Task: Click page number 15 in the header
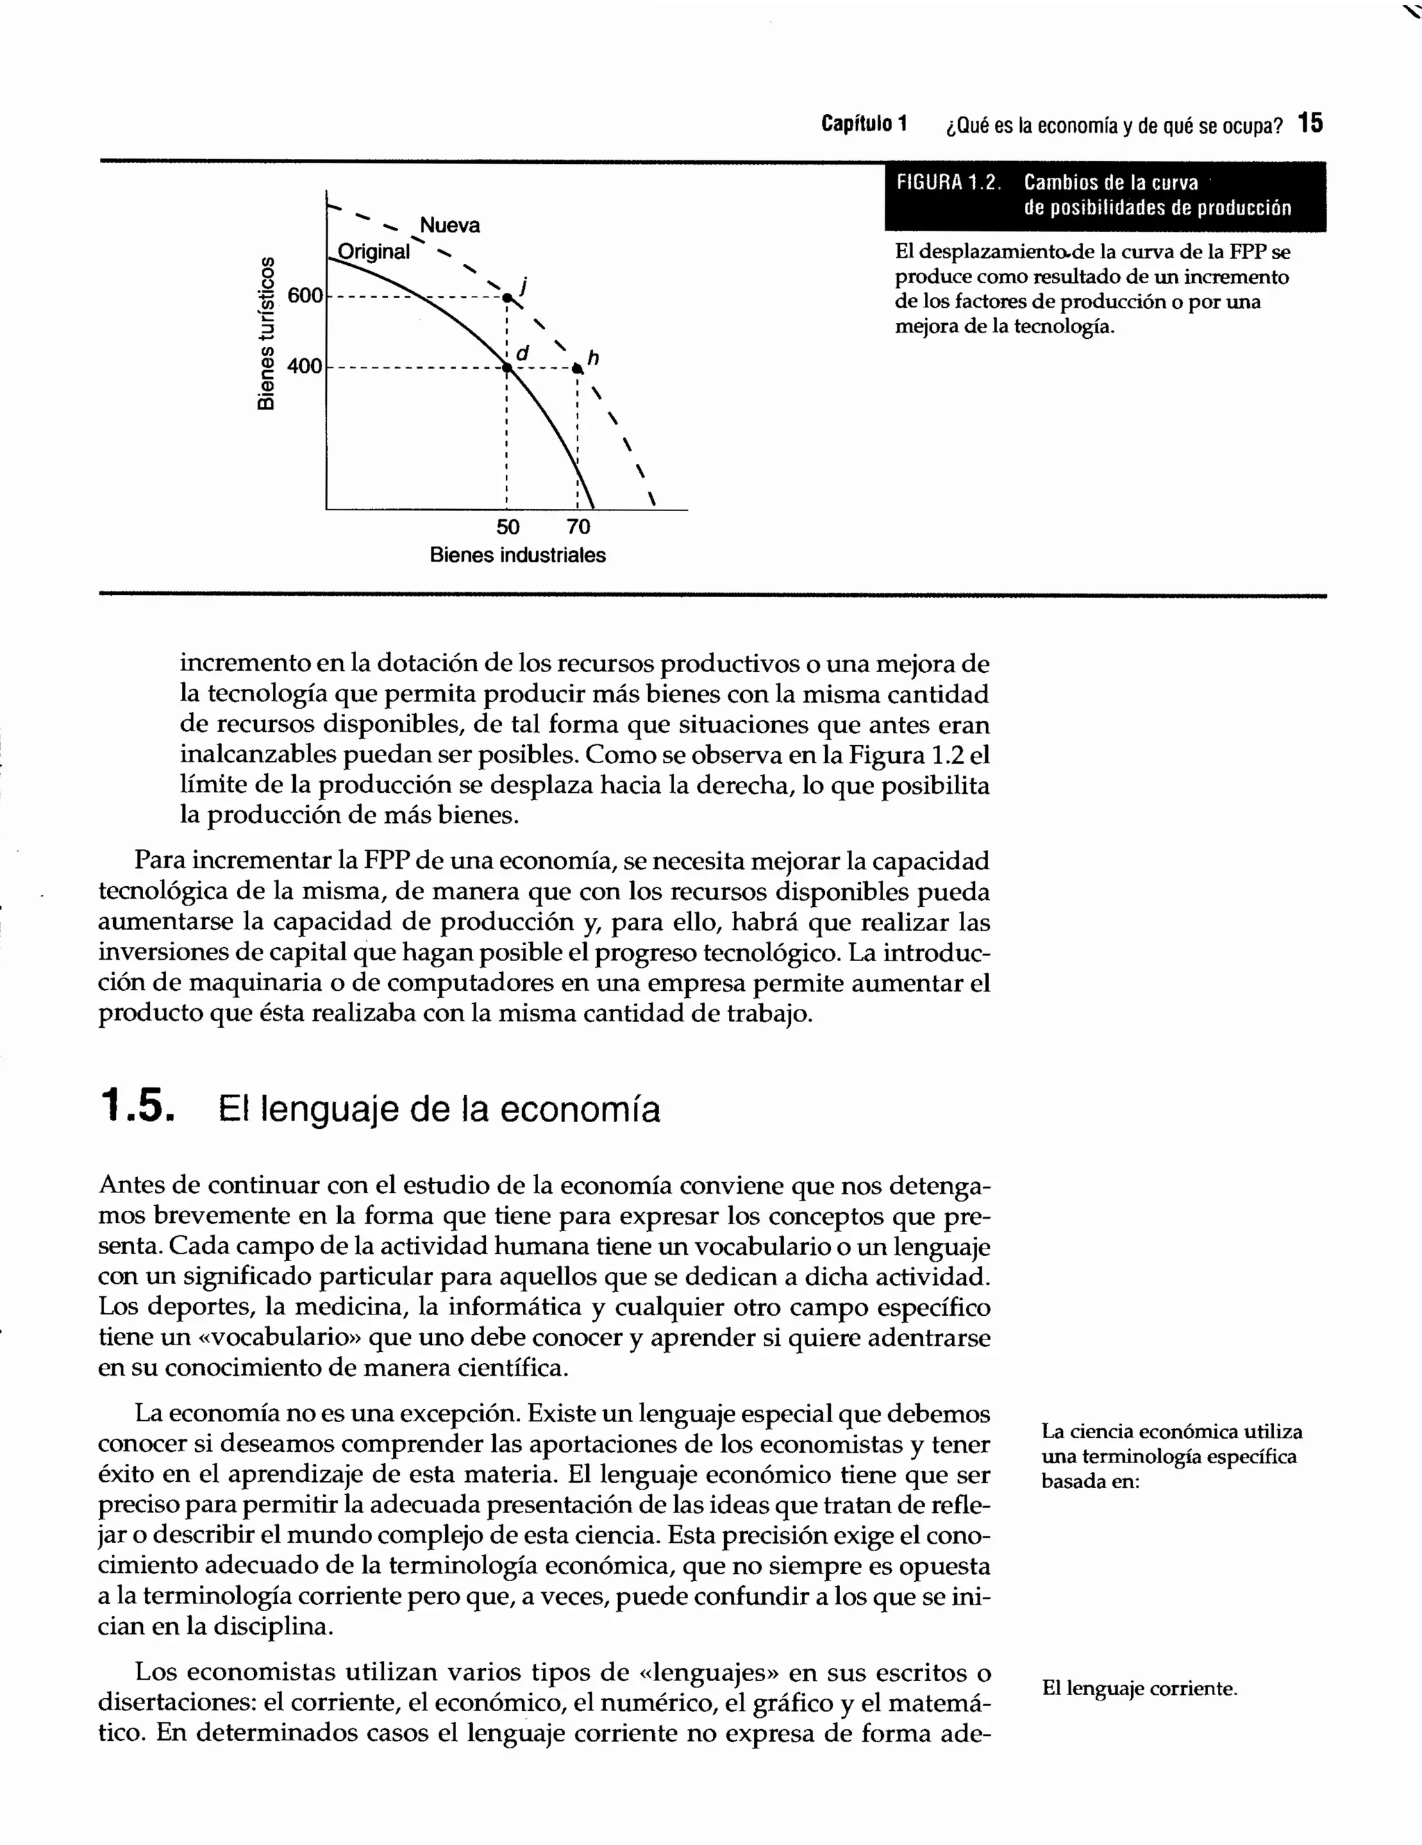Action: click(1310, 124)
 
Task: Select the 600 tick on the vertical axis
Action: click(305, 296)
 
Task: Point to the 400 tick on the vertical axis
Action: click(305, 366)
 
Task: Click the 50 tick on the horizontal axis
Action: click(508, 527)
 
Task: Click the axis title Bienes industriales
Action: click(517, 555)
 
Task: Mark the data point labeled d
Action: click(508, 367)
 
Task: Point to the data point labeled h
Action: click(577, 368)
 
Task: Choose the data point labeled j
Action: click(507, 297)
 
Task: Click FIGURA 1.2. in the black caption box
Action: click(947, 183)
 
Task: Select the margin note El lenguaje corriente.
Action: click(1139, 1688)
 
